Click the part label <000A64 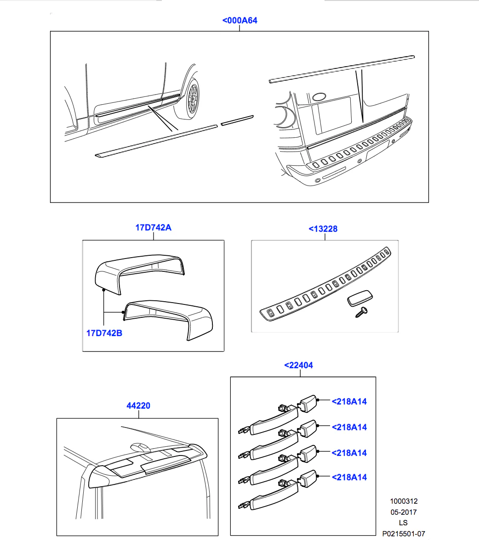click(x=239, y=21)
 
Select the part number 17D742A click(x=153, y=227)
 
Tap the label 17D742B click(x=104, y=333)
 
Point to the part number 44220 click(x=138, y=406)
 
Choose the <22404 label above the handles click(x=298, y=366)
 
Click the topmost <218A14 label click(x=349, y=402)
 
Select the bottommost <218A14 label click(x=349, y=478)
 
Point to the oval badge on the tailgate click(x=319, y=97)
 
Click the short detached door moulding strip click(x=237, y=120)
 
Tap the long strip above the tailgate click(x=342, y=68)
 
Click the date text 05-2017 click(x=403, y=512)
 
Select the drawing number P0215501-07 click(x=403, y=534)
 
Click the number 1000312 click(x=403, y=502)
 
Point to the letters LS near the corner click(x=403, y=523)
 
